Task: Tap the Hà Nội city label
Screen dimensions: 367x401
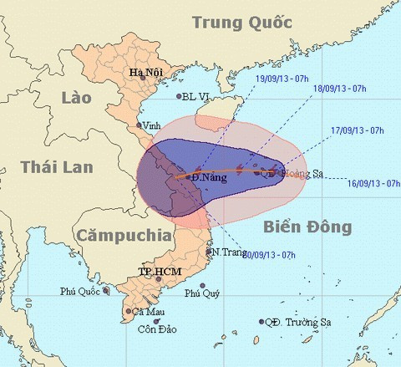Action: (x=144, y=73)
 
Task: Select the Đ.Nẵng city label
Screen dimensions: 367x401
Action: (x=206, y=178)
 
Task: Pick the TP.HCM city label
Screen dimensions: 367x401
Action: (x=157, y=273)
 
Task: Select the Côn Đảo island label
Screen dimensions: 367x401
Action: (x=156, y=329)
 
